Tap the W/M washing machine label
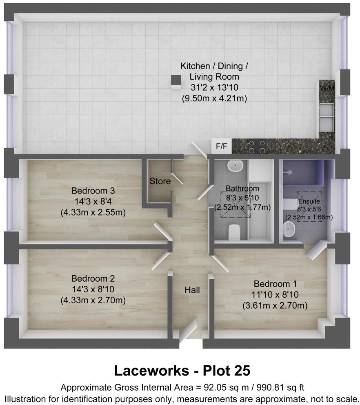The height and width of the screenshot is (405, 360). (326, 88)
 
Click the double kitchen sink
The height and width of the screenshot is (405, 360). (327, 117)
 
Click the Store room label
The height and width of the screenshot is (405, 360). (160, 181)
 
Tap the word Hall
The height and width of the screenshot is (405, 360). (192, 290)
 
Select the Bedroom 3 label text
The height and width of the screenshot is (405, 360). (93, 191)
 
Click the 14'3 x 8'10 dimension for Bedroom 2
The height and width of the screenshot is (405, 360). (93, 289)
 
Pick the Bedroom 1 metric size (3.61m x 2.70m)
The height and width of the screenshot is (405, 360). (275, 305)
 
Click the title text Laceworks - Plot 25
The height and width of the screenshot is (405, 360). (182, 371)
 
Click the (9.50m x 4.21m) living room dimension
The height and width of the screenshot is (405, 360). (215, 98)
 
